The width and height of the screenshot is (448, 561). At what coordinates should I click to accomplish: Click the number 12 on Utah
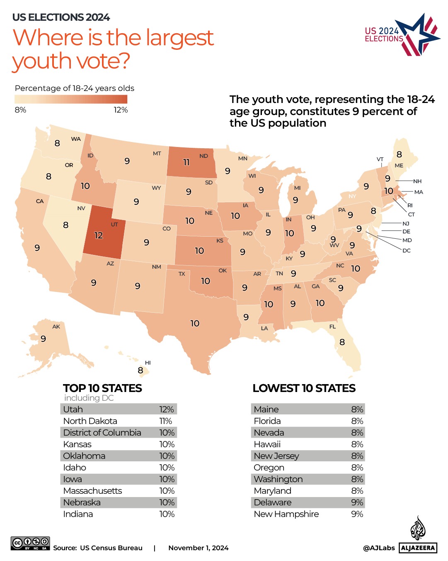(99, 235)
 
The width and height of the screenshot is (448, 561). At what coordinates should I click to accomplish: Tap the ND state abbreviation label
(203, 156)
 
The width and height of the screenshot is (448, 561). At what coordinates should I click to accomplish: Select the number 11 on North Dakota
(186, 162)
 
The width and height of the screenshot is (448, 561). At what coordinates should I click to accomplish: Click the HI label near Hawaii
(148, 363)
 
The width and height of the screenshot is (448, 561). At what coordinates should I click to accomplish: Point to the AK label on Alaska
(56, 327)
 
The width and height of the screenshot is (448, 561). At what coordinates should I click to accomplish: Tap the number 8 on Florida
(342, 342)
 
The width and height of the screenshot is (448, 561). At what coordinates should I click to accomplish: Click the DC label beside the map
(406, 250)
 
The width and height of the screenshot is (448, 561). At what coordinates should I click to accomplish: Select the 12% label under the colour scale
(121, 110)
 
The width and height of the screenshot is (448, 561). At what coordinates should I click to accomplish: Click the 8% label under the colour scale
(20, 110)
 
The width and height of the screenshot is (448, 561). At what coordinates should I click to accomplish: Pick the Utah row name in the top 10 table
(73, 409)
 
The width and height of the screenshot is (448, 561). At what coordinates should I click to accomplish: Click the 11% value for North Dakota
(166, 421)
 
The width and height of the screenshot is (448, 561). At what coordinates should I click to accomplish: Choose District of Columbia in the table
(102, 433)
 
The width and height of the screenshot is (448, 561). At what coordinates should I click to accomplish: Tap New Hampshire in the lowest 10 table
(286, 514)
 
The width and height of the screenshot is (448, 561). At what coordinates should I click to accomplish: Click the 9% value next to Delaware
(357, 502)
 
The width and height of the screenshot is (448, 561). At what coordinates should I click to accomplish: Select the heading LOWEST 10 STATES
(304, 388)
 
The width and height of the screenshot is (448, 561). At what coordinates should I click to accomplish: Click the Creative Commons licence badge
(30, 543)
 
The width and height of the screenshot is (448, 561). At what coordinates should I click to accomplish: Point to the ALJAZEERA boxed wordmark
(418, 548)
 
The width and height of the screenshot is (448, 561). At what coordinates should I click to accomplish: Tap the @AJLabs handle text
(379, 548)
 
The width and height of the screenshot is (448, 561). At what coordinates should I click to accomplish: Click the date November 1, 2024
(198, 548)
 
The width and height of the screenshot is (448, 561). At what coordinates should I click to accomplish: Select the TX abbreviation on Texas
(182, 274)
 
